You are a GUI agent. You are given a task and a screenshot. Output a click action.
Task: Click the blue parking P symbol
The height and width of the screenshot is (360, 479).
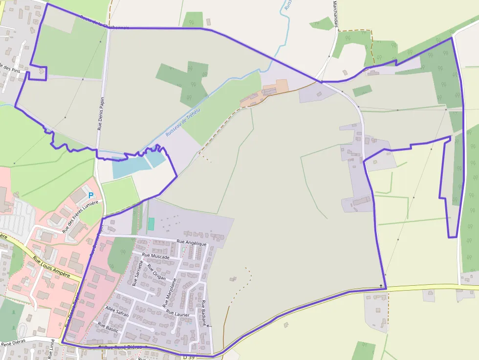pyautogui.click(x=90, y=195)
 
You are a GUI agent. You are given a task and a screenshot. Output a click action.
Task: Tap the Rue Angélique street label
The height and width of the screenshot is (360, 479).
pyautogui.click(x=192, y=242)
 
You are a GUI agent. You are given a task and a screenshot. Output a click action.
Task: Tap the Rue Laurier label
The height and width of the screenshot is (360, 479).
pyautogui.click(x=177, y=313)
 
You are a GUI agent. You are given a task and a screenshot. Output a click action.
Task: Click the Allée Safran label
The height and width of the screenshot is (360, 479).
pyautogui.click(x=117, y=311)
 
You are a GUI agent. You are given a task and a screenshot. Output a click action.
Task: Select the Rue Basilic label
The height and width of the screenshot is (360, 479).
pyautogui.click(x=108, y=327)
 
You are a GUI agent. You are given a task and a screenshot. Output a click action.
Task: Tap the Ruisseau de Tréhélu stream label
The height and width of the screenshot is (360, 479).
pyautogui.click(x=183, y=122)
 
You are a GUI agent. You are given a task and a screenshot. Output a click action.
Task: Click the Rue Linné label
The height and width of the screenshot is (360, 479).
pyautogui.click(x=51, y=349)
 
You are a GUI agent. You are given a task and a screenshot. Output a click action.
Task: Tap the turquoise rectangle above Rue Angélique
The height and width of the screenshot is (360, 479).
pyautogui.click(x=151, y=224)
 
